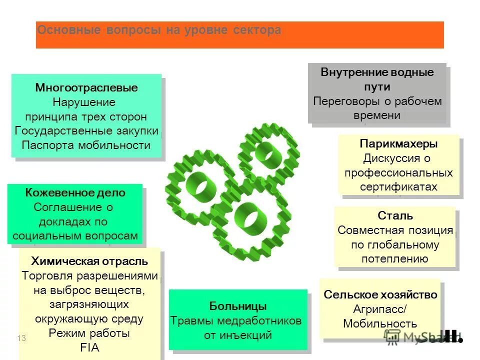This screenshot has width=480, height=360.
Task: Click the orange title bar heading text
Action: (159, 30)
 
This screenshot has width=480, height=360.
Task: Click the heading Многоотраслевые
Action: (86, 88)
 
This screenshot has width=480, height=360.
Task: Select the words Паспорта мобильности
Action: (86, 145)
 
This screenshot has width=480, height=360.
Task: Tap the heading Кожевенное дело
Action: (75, 193)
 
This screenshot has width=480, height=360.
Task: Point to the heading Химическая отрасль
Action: (89, 261)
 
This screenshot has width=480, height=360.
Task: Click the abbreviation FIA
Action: (89, 347)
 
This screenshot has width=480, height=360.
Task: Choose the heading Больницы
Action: (237, 306)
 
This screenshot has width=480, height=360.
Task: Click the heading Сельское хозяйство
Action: (380, 294)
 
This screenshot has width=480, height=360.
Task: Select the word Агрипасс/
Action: (380, 309)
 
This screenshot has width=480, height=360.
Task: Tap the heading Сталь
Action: (395, 216)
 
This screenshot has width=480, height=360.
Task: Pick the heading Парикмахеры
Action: (398, 144)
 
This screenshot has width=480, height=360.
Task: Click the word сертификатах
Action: (398, 187)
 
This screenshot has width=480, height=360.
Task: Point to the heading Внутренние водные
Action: (377, 72)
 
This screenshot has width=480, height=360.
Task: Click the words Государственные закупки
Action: (86, 131)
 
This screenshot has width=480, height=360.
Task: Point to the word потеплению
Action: (395, 259)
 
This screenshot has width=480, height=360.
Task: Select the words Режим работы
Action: (89, 333)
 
